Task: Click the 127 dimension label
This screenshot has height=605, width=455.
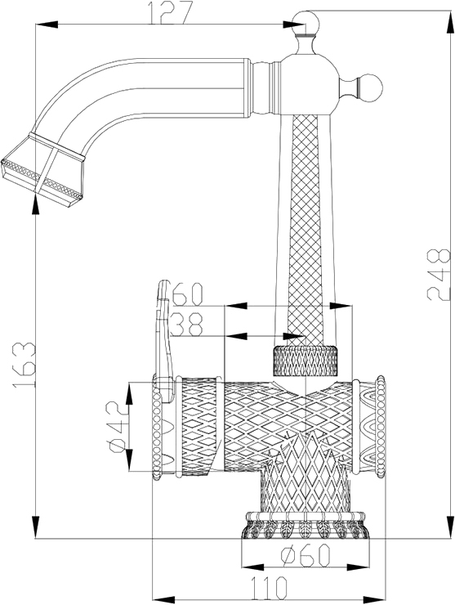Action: click(x=169, y=12)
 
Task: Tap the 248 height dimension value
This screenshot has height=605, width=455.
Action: click(x=439, y=275)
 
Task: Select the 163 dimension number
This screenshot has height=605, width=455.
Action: click(x=24, y=365)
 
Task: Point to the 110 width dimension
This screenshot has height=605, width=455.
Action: click(x=269, y=588)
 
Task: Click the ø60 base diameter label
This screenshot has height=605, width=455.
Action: click(x=306, y=555)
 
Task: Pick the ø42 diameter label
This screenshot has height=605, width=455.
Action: click(x=117, y=426)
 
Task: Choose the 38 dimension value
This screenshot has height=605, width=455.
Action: click(x=186, y=324)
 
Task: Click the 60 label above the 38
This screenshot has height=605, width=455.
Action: click(x=187, y=294)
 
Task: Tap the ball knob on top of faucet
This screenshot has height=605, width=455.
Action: click(x=306, y=24)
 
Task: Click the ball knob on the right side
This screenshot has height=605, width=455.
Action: click(x=370, y=88)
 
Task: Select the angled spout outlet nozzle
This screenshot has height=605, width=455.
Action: click(x=42, y=170)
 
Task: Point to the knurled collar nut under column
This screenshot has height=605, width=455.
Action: click(x=305, y=361)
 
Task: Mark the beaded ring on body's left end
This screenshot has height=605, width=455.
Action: click(x=157, y=428)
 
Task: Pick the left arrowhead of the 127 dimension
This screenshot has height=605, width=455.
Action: click(x=47, y=25)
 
